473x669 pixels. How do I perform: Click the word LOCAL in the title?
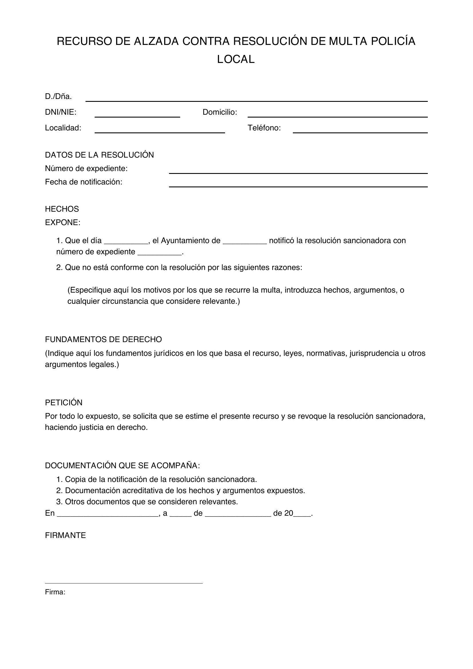click(236, 59)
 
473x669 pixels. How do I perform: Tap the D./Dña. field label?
click(58, 96)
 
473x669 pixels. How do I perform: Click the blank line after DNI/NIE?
click(137, 114)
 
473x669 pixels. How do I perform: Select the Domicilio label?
click(220, 112)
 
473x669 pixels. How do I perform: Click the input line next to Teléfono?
click(360, 130)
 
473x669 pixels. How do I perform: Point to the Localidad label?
click(63, 128)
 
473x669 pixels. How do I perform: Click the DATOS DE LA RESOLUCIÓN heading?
click(99, 155)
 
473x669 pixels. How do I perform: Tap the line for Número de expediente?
click(298, 170)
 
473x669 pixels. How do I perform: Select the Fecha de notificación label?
click(84, 182)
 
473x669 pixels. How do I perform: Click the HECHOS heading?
click(62, 209)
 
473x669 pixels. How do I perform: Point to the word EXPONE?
click(62, 223)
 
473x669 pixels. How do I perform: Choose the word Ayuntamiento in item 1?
click(190, 241)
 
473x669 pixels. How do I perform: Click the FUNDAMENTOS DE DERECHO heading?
click(104, 340)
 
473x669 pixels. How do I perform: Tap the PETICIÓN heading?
click(63, 403)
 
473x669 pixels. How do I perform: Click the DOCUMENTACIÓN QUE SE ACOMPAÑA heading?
click(122, 466)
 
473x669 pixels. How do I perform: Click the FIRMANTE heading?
click(65, 535)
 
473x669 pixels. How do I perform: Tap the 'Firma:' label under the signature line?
click(55, 592)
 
